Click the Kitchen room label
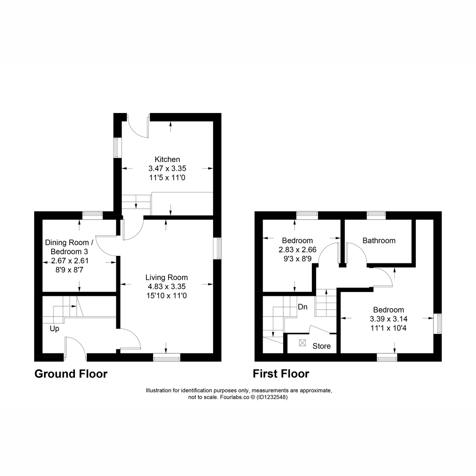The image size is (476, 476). [167, 159]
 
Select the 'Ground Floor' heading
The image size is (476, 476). [71, 374]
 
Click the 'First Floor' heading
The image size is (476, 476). [281, 374]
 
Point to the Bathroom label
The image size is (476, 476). [379, 240]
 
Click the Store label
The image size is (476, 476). [321, 346]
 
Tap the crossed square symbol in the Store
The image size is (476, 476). [303, 343]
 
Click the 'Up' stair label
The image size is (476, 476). [54, 329]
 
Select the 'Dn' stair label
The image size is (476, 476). [303, 307]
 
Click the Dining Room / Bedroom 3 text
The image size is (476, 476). [69, 247]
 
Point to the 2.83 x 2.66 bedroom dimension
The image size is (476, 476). [297, 250]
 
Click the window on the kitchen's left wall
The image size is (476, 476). [117, 148]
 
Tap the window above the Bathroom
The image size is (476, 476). [376, 215]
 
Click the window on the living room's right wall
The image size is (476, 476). [217, 248]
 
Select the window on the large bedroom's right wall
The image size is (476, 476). [438, 324]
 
